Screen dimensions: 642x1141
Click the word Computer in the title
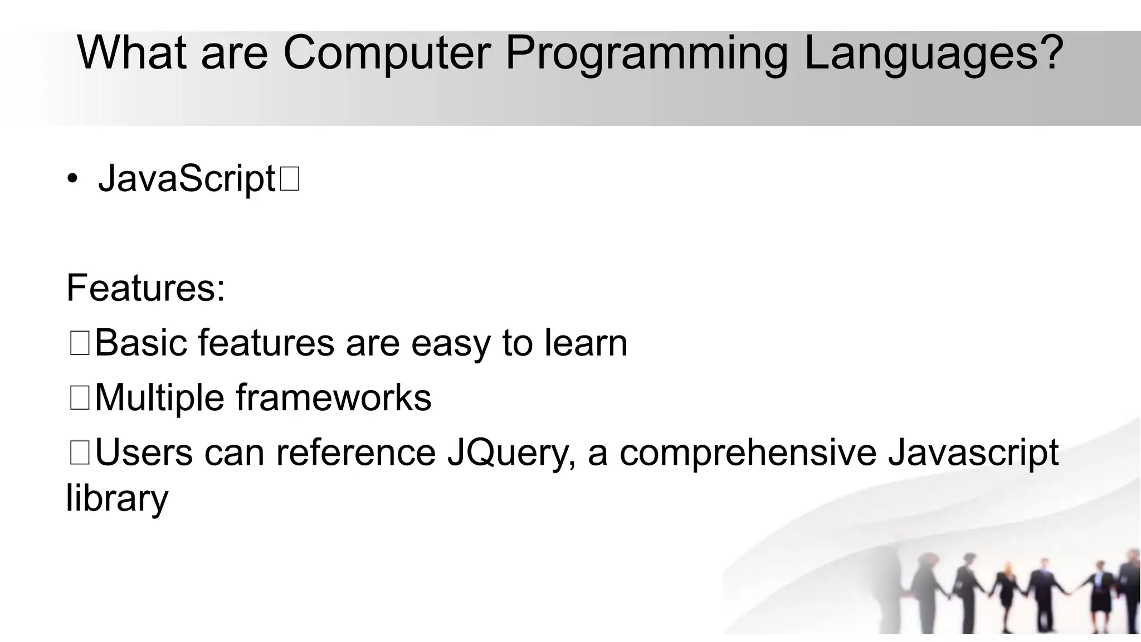pos(387,53)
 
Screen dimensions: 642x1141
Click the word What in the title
pos(132,53)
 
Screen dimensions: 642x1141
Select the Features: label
pos(145,288)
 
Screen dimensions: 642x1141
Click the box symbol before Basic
pos(80,343)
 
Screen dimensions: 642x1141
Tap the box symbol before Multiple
pos(80,398)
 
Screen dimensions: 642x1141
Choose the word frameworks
pos(333,398)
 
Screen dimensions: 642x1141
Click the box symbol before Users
pos(80,452)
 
